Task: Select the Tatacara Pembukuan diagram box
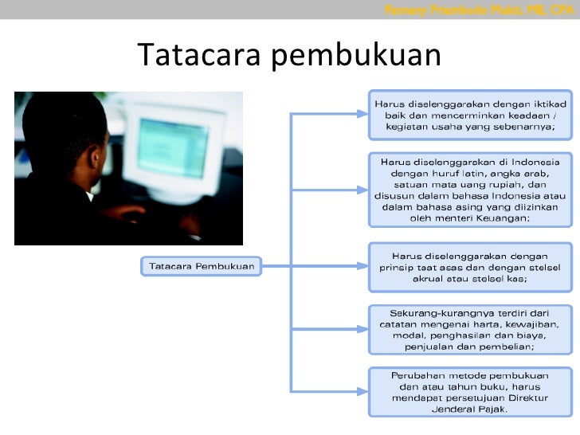point(202,265)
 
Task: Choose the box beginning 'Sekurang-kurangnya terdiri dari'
point(470,328)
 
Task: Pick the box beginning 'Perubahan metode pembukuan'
point(470,391)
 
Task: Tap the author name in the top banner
point(478,10)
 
